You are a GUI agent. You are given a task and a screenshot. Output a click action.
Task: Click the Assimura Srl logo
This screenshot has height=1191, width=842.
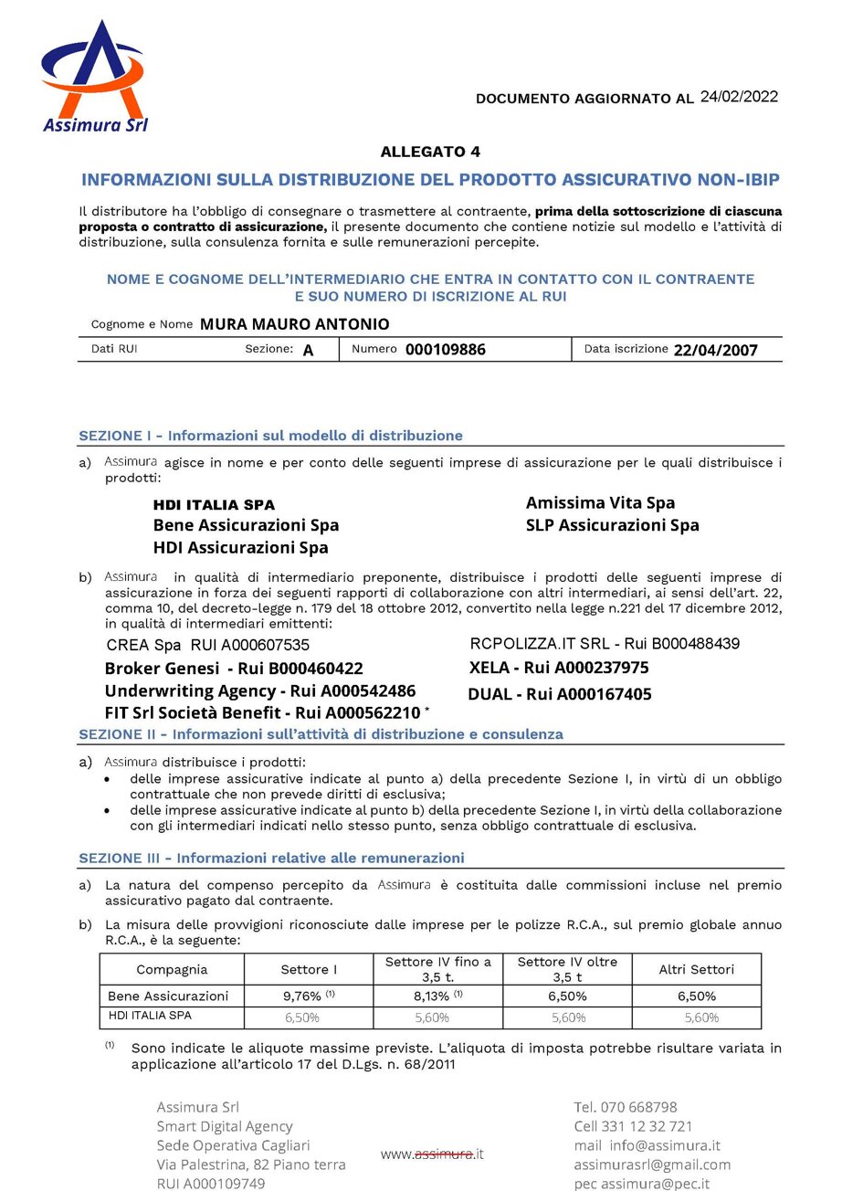(96, 79)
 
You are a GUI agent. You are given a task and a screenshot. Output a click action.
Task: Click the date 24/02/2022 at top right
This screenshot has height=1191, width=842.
(739, 97)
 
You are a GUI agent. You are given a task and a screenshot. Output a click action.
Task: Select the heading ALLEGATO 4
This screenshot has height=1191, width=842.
(430, 152)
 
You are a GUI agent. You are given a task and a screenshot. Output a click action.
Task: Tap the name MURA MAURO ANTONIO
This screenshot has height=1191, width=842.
(294, 324)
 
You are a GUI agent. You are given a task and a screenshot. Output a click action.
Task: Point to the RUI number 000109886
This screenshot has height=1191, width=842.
(446, 349)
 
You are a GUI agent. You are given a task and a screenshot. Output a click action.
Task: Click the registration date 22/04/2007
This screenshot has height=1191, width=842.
(715, 349)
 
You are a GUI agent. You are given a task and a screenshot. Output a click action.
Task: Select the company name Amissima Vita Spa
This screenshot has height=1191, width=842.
(600, 502)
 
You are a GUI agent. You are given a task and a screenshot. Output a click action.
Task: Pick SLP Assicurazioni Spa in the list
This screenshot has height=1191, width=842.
(612, 525)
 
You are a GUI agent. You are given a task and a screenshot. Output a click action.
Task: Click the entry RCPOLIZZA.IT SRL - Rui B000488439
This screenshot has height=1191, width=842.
(605, 644)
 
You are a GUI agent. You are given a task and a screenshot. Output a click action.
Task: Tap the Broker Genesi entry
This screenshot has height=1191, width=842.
(234, 669)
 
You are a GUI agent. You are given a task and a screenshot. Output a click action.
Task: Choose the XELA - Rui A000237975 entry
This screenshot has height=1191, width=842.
(559, 668)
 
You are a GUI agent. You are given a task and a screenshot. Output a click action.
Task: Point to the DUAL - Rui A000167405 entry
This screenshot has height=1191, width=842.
(559, 694)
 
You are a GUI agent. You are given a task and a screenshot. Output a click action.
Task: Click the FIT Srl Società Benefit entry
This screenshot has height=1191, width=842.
(262, 712)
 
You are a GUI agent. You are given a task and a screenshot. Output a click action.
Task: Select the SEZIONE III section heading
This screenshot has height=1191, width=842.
(271, 858)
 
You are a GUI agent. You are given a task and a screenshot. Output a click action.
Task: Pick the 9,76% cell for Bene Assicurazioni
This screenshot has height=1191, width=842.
(309, 996)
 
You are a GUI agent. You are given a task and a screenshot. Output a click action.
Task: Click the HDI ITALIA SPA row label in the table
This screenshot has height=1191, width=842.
(150, 1016)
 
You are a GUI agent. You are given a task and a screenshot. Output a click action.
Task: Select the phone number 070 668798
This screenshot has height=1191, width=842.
(638, 1107)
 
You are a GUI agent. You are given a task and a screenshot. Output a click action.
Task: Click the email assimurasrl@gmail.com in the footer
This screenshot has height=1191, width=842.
(652, 1165)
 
